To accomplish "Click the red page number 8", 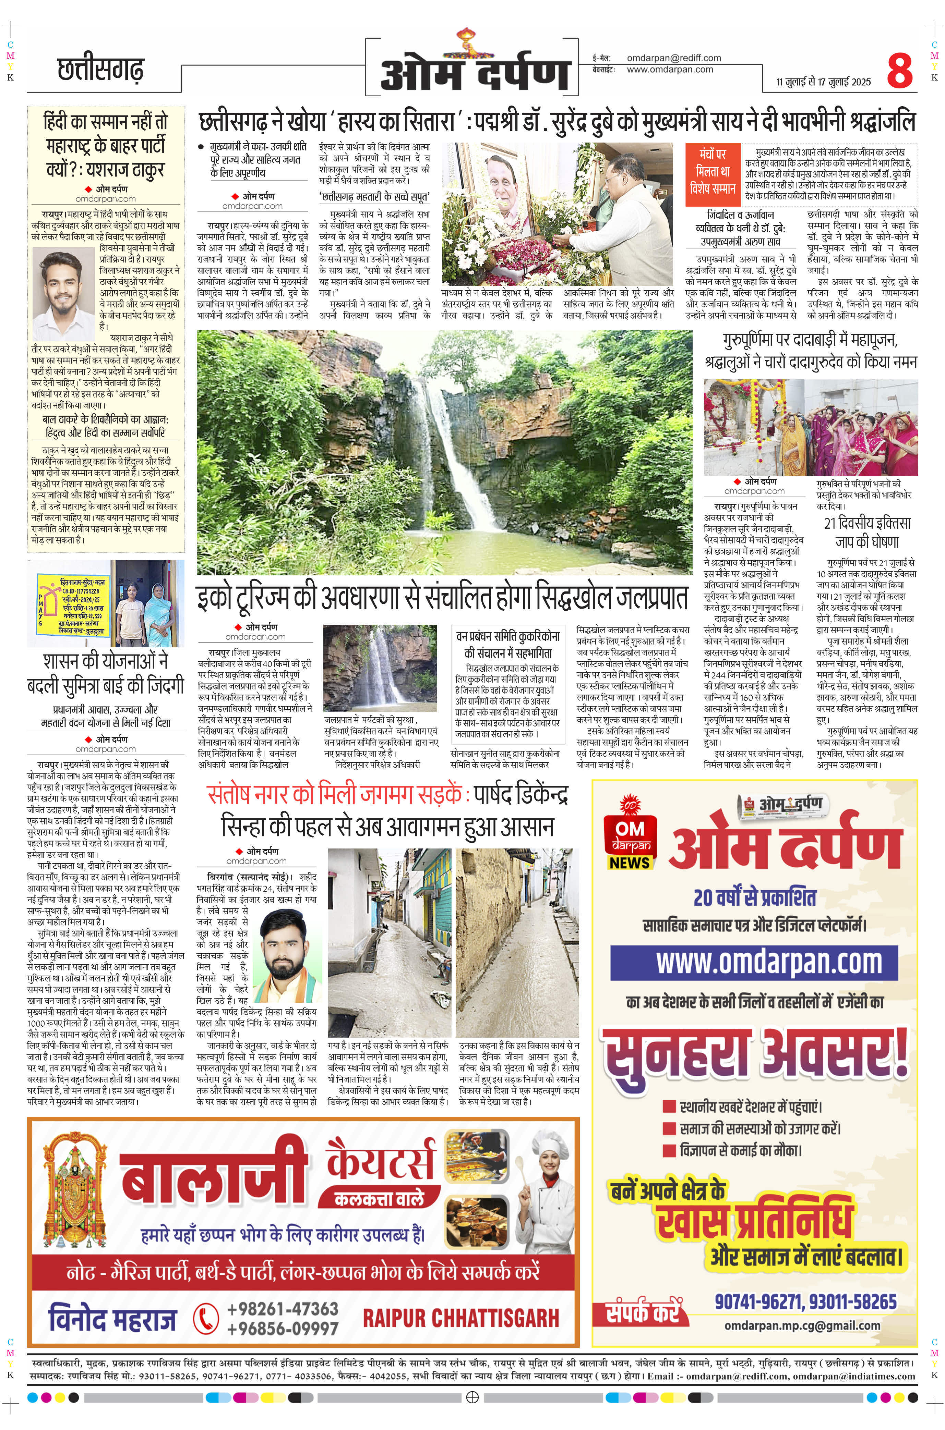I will [x=900, y=71].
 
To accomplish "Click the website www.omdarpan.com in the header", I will [x=670, y=69].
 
